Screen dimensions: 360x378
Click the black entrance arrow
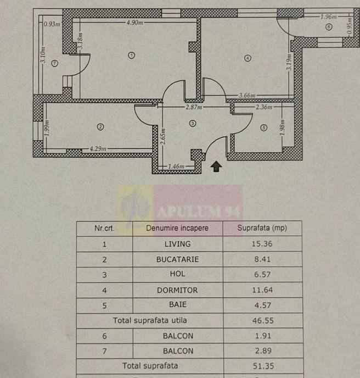[x=216, y=166]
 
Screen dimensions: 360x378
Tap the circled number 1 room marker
[x=132, y=55]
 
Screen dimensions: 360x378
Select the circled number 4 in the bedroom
[x=248, y=58]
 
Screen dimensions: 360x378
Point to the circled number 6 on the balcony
[x=329, y=27]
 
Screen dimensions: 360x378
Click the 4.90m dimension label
[x=135, y=23]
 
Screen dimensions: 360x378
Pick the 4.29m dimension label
[x=98, y=148]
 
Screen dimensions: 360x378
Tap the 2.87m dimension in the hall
[x=194, y=107]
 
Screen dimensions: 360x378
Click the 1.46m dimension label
[x=176, y=166]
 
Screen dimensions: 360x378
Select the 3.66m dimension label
[x=247, y=95]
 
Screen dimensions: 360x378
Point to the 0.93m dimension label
[x=52, y=24]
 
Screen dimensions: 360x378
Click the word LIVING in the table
[x=177, y=244]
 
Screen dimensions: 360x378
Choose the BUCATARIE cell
[x=177, y=259]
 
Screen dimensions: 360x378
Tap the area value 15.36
[x=262, y=244]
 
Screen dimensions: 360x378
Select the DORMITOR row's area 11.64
[x=262, y=290]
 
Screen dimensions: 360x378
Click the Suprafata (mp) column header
[x=262, y=228]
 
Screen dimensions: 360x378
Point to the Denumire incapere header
[x=177, y=228]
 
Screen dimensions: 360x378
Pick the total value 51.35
[x=263, y=366]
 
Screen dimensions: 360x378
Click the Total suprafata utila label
[x=150, y=320]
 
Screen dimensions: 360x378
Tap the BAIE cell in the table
[x=178, y=304]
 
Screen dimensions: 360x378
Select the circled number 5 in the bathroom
[x=263, y=127]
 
